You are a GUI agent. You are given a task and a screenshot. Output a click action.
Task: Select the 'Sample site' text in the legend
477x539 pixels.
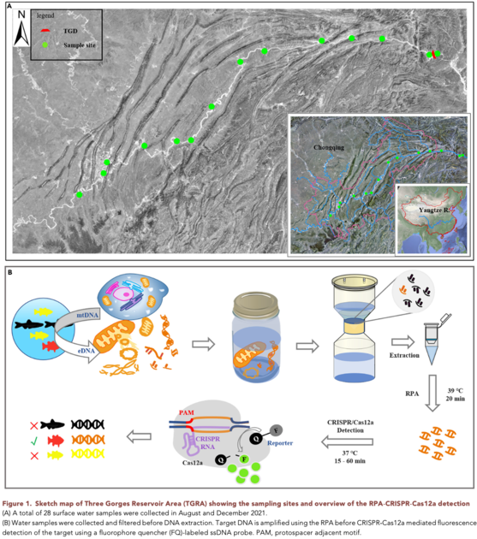coord(76,42)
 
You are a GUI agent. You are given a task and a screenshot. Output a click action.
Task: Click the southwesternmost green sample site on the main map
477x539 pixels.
coord(79,195)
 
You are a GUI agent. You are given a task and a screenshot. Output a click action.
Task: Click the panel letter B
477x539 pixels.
coord(9,272)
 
